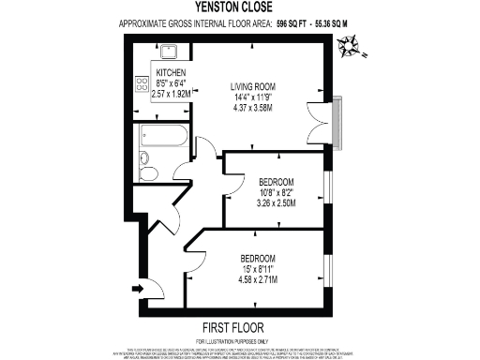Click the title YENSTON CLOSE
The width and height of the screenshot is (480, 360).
pyautogui.click(x=241, y=7)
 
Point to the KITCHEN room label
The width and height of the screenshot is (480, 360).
pyautogui.click(x=172, y=73)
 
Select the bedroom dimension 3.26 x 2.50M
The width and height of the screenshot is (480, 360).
pyautogui.click(x=277, y=202)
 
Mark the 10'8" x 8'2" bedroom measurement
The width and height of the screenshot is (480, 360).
pyautogui.click(x=277, y=192)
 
